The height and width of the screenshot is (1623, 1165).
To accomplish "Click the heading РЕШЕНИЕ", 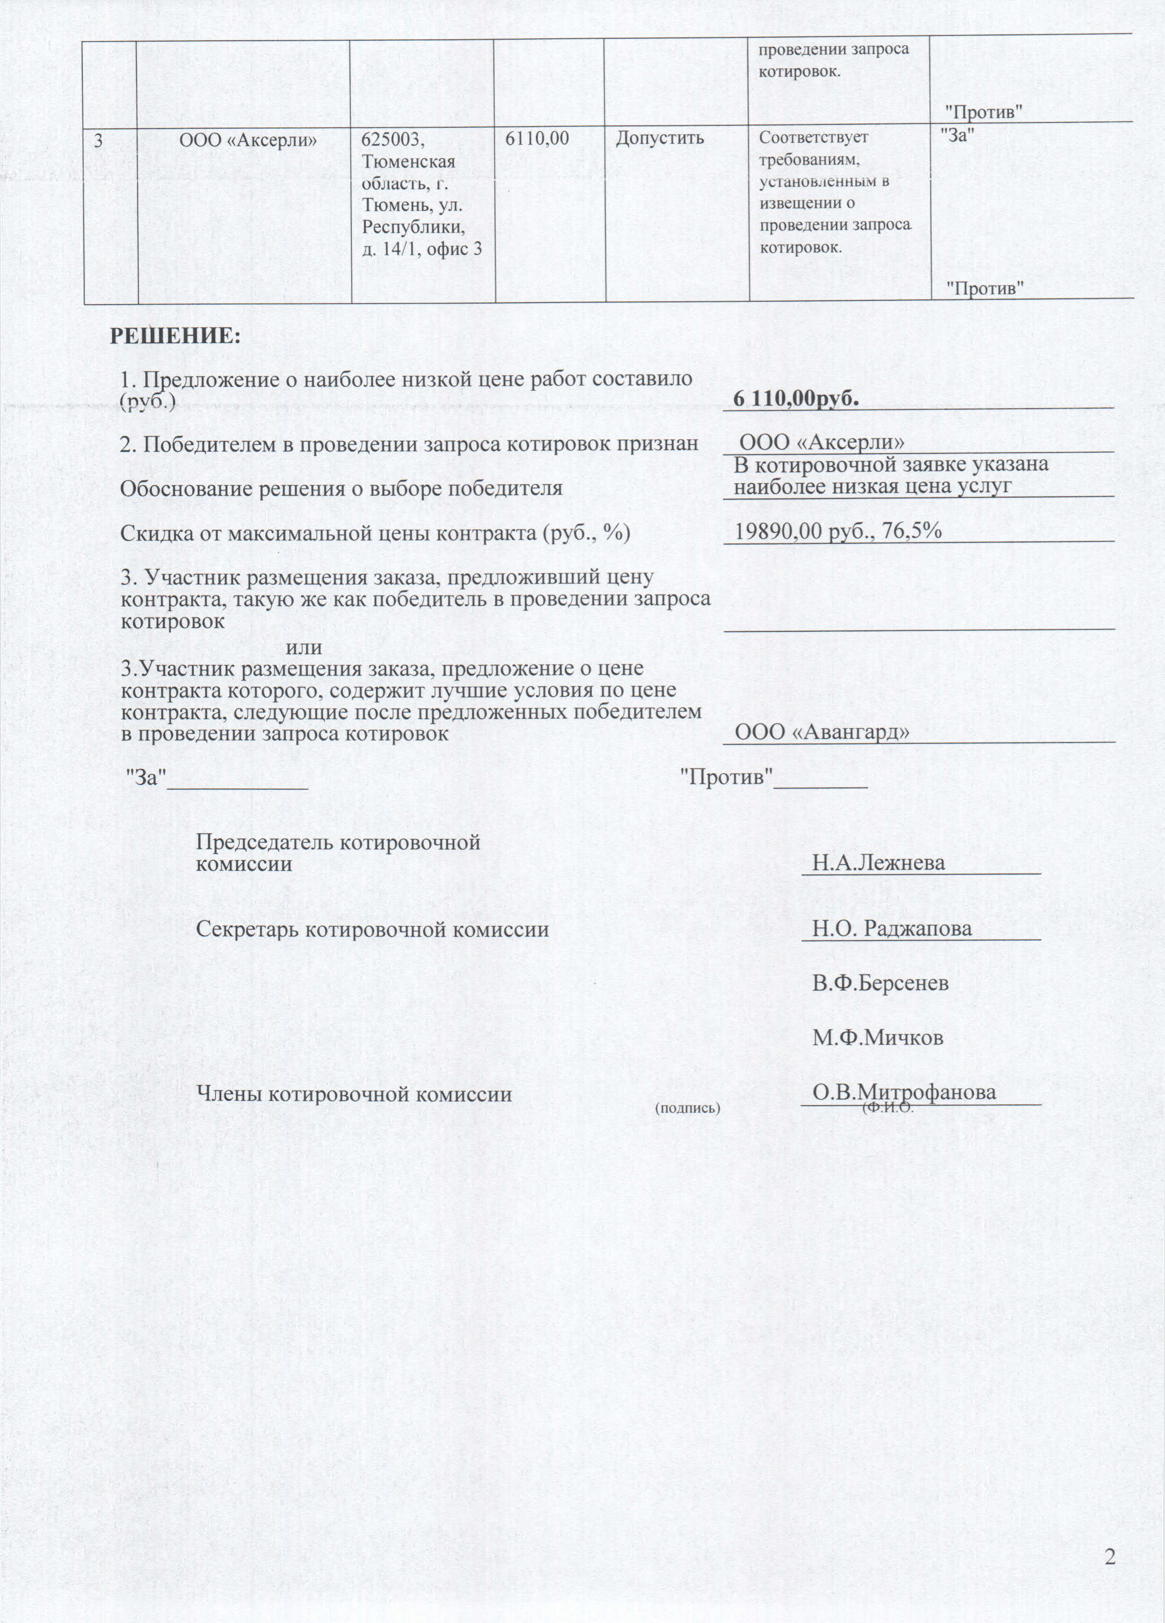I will pyautogui.click(x=175, y=336).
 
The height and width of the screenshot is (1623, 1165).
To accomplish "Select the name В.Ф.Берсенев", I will pyautogui.click(x=880, y=983).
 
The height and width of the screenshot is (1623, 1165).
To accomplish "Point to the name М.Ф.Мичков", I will pyautogui.click(x=878, y=1038).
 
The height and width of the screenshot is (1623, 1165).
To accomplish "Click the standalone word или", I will pyautogui.click(x=304, y=648).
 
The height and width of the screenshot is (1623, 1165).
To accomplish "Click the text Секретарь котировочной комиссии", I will pyautogui.click(x=372, y=930).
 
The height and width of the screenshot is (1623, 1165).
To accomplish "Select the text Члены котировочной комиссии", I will pyautogui.click(x=354, y=1094).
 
